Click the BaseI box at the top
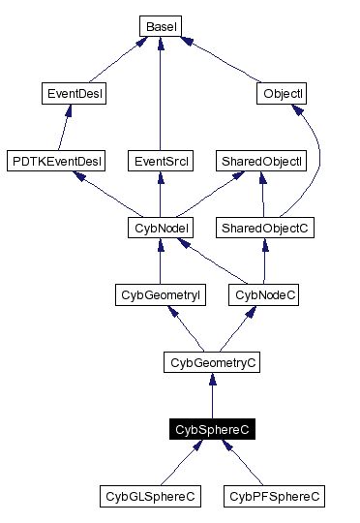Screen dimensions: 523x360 (x=159, y=25)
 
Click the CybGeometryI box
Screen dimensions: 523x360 (x=158, y=294)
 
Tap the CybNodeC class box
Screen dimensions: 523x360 (x=263, y=294)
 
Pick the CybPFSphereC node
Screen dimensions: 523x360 (x=274, y=497)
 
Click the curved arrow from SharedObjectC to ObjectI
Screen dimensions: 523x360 (x=316, y=165)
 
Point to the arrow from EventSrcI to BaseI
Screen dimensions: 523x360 (x=158, y=97)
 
